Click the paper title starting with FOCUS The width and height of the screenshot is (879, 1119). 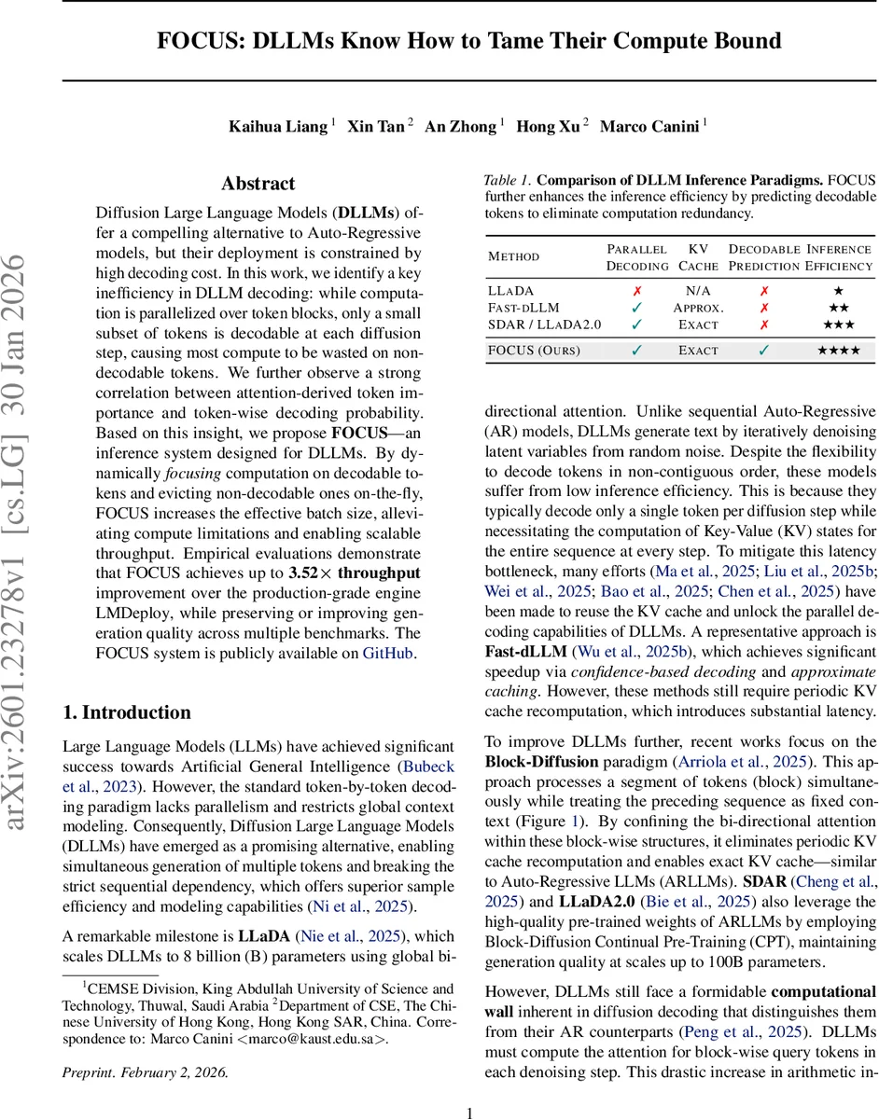(468, 41)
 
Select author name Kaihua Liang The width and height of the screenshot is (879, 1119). (278, 127)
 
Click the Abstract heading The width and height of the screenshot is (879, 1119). (258, 184)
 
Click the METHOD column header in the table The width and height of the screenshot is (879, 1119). (513, 256)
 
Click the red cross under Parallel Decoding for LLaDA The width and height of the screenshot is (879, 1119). (637, 291)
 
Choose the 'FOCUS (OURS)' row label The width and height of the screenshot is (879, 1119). (534, 351)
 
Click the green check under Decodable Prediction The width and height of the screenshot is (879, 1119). (763, 351)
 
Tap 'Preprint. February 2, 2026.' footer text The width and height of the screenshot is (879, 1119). (145, 1071)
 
